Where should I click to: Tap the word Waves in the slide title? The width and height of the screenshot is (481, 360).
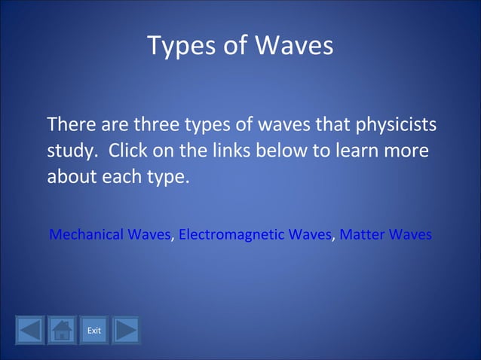pos(294,47)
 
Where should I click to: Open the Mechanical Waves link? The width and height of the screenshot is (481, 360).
pos(109,235)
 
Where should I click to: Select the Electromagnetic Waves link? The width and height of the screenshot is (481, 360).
pos(255,235)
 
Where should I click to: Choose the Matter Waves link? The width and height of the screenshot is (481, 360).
pos(385,235)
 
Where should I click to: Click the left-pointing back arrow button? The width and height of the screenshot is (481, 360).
pos(29,331)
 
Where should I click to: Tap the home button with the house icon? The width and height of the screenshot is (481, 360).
pos(62,331)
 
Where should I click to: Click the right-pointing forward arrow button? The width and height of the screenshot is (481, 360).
pos(126,331)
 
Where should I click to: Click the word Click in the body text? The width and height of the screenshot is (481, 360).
pos(129,151)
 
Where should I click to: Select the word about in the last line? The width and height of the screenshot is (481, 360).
pos(69,179)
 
